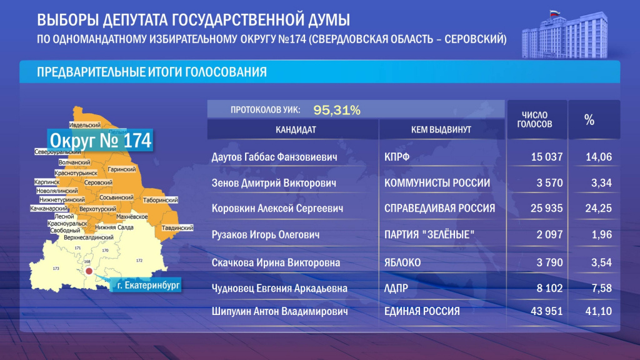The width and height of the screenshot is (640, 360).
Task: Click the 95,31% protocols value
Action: click(337, 110)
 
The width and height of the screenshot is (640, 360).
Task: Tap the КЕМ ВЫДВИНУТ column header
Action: click(441, 129)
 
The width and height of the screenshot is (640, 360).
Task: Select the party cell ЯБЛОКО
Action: click(403, 263)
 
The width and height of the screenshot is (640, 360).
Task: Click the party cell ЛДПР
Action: click(397, 288)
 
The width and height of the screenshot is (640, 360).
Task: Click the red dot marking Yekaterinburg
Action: click(89, 272)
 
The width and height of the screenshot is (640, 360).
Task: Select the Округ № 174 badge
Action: click(100, 141)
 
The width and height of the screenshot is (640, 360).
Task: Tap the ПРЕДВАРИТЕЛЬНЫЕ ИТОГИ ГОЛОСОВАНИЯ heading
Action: click(152, 72)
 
